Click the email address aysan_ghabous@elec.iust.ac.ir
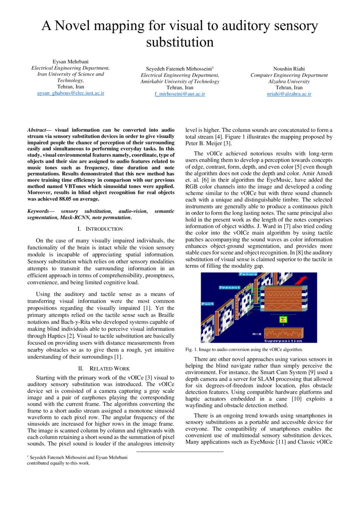[x=71, y=93]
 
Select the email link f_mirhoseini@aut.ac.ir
[x=180, y=94]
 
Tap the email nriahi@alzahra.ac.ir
[x=289, y=94]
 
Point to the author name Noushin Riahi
[x=289, y=69]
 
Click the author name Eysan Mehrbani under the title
[x=71, y=62]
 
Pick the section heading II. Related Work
[x=101, y=368]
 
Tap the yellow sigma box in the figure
[x=283, y=320]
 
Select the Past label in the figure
[x=208, y=303]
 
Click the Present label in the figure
[x=229, y=287]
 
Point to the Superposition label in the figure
[x=283, y=340]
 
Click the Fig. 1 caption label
[x=192, y=350]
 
